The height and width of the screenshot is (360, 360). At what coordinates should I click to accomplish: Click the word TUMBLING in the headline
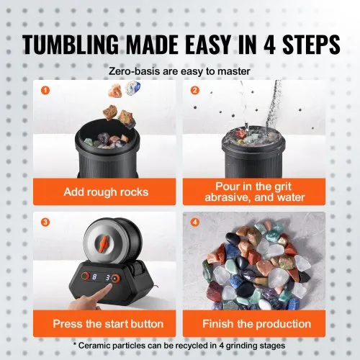click(71, 44)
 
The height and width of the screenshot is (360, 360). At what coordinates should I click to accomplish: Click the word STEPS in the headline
click(311, 45)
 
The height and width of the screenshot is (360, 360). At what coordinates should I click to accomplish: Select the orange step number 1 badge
click(45, 91)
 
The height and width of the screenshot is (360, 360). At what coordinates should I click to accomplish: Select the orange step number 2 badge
click(194, 90)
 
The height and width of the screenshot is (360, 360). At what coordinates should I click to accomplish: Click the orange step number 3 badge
click(45, 222)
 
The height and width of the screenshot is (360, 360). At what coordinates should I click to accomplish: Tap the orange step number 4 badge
click(194, 222)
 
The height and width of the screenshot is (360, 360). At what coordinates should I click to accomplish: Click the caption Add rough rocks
click(106, 192)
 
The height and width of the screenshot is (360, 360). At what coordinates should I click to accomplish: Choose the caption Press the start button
click(108, 324)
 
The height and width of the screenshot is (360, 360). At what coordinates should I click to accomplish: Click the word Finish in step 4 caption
click(217, 324)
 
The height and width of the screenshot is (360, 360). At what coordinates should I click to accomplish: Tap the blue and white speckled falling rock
click(133, 88)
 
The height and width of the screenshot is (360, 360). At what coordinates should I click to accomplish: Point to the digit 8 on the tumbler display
click(94, 277)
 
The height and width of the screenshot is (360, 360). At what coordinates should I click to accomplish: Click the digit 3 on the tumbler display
click(108, 278)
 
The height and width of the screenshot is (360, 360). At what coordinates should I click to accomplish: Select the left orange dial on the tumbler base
click(85, 276)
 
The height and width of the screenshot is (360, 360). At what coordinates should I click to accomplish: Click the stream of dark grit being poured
click(273, 104)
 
